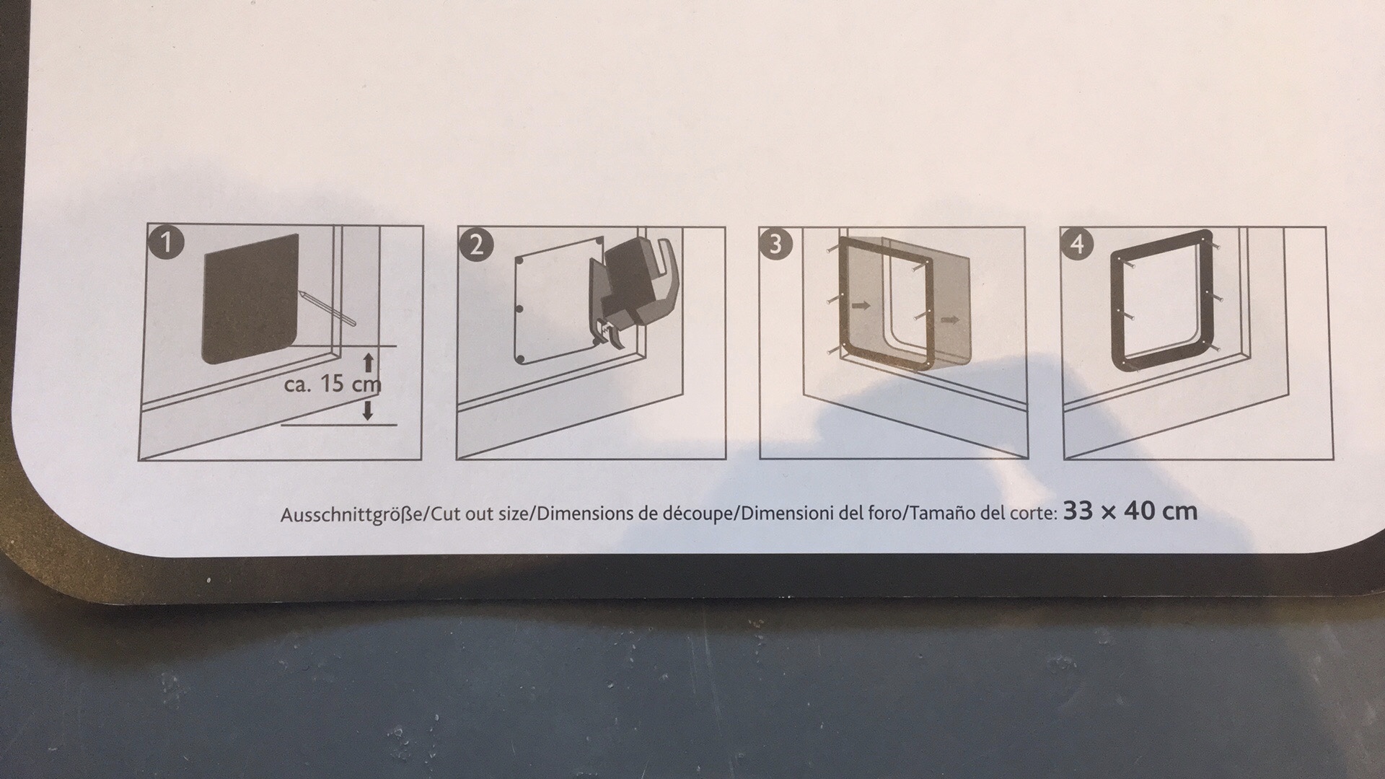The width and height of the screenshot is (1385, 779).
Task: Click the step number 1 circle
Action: tap(165, 243)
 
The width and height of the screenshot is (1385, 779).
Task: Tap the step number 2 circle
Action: tap(476, 245)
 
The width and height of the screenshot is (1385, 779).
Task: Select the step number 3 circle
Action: tap(775, 244)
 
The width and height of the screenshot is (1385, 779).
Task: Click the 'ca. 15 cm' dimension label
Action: tap(333, 384)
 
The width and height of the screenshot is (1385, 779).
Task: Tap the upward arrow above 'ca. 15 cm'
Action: tap(368, 363)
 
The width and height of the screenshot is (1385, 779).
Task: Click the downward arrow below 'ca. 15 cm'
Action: tap(368, 410)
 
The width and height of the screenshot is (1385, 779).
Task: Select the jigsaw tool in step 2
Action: tap(633, 292)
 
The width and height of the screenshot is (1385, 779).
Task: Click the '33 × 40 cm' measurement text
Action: tap(1130, 511)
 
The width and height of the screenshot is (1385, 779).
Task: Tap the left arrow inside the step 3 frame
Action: tap(861, 306)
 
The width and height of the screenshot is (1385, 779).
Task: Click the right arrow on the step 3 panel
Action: tap(951, 320)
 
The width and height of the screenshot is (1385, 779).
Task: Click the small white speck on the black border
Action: tap(208, 580)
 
